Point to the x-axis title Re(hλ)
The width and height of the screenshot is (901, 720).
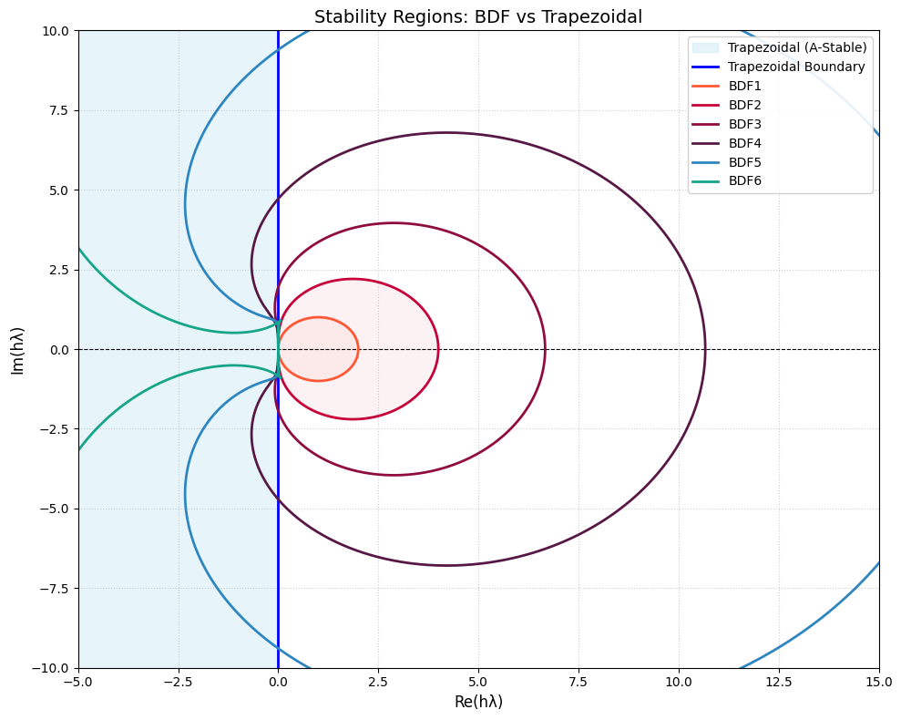click(478, 702)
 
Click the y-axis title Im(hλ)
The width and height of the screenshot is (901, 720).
click(17, 349)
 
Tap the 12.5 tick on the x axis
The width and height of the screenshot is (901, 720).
click(779, 681)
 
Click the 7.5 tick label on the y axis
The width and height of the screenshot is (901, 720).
click(56, 110)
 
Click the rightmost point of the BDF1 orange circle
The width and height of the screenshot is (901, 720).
click(358, 349)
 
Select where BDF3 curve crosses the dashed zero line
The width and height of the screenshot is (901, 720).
click(545, 349)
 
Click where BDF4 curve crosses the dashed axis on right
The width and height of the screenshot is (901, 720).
click(705, 349)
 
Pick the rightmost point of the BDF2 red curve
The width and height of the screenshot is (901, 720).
click(438, 349)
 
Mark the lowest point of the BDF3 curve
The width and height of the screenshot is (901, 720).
click(394, 475)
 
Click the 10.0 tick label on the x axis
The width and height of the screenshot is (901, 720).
click(679, 681)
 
